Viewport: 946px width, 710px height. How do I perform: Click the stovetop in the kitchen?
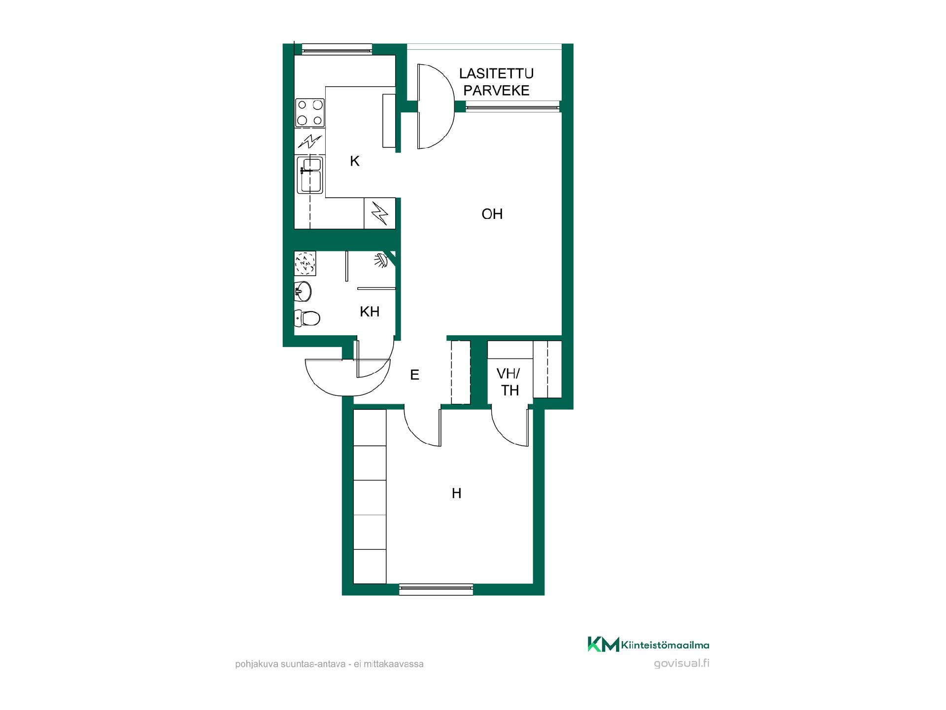310,112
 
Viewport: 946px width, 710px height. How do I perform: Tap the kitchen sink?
310,175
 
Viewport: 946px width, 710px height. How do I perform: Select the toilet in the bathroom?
307,318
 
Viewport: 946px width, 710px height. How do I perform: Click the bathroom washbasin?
303,291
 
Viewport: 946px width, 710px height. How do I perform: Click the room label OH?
492,214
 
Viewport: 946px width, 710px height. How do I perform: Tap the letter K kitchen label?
355,161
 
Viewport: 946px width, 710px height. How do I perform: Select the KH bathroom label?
370,312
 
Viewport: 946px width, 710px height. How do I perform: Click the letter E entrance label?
415,375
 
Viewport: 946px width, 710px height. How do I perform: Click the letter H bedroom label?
457,493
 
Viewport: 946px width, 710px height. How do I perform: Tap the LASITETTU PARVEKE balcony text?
497,82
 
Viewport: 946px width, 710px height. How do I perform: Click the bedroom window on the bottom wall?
436,589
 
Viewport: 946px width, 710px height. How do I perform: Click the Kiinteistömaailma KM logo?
648,644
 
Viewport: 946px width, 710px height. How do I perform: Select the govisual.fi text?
682,663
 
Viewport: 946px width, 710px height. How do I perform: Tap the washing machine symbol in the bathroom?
305,263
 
